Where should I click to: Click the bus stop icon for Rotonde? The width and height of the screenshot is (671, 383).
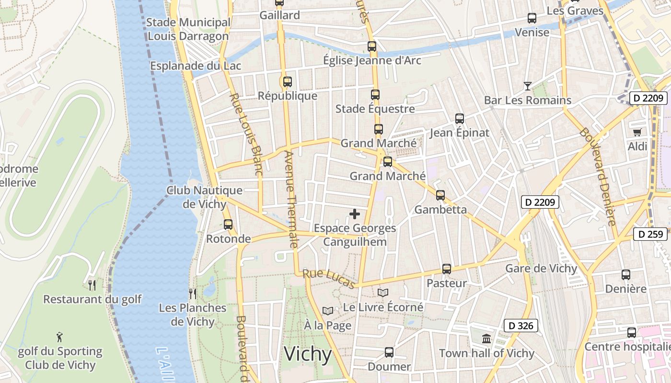pos(228,224)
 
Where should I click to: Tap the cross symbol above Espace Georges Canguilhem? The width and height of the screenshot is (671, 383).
pos(355,214)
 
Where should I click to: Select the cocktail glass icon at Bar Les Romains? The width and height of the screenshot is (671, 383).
pos(528,86)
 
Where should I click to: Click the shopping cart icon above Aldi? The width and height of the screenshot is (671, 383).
pos(637,132)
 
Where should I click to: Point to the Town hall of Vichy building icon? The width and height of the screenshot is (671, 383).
pos(486,339)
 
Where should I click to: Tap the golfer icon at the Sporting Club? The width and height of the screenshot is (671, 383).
pos(59,337)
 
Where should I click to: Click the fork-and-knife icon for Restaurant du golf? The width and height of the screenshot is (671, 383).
pos(92,285)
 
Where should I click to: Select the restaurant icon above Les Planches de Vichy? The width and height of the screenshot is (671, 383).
pos(193,293)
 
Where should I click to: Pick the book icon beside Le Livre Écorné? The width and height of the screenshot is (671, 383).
pos(382,293)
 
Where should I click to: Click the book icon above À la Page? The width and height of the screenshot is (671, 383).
pos(327,311)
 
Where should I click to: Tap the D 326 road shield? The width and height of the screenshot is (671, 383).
pos(521,326)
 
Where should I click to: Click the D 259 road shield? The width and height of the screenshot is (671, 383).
pos(650,234)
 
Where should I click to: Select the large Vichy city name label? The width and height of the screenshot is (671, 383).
pos(308,355)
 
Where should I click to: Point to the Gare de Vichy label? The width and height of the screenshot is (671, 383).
pos(541,268)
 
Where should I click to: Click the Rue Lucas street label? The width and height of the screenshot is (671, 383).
pos(329,279)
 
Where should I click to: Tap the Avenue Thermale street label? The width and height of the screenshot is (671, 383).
pos(291,199)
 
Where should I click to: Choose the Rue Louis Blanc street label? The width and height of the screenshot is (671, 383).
pos(246,134)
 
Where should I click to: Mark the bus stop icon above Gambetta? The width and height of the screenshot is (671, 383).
pos(440,195)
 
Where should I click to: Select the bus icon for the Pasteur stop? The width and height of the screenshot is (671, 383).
pos(447,269)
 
